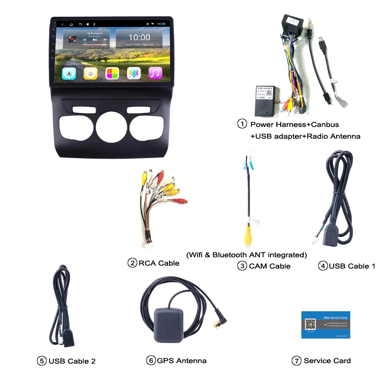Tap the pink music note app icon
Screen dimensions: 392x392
click(155, 73)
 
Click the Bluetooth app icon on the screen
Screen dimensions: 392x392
click(134, 73)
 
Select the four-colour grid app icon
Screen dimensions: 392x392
click(112, 73)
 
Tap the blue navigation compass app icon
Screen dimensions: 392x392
click(69, 73)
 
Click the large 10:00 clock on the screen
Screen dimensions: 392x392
click(139, 37)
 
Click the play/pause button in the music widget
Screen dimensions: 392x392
click(95, 39)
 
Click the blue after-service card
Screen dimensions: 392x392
click(325, 324)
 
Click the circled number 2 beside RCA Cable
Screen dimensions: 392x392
click(132, 263)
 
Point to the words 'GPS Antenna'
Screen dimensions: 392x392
click(182, 361)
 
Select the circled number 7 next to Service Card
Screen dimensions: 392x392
click(296, 361)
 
